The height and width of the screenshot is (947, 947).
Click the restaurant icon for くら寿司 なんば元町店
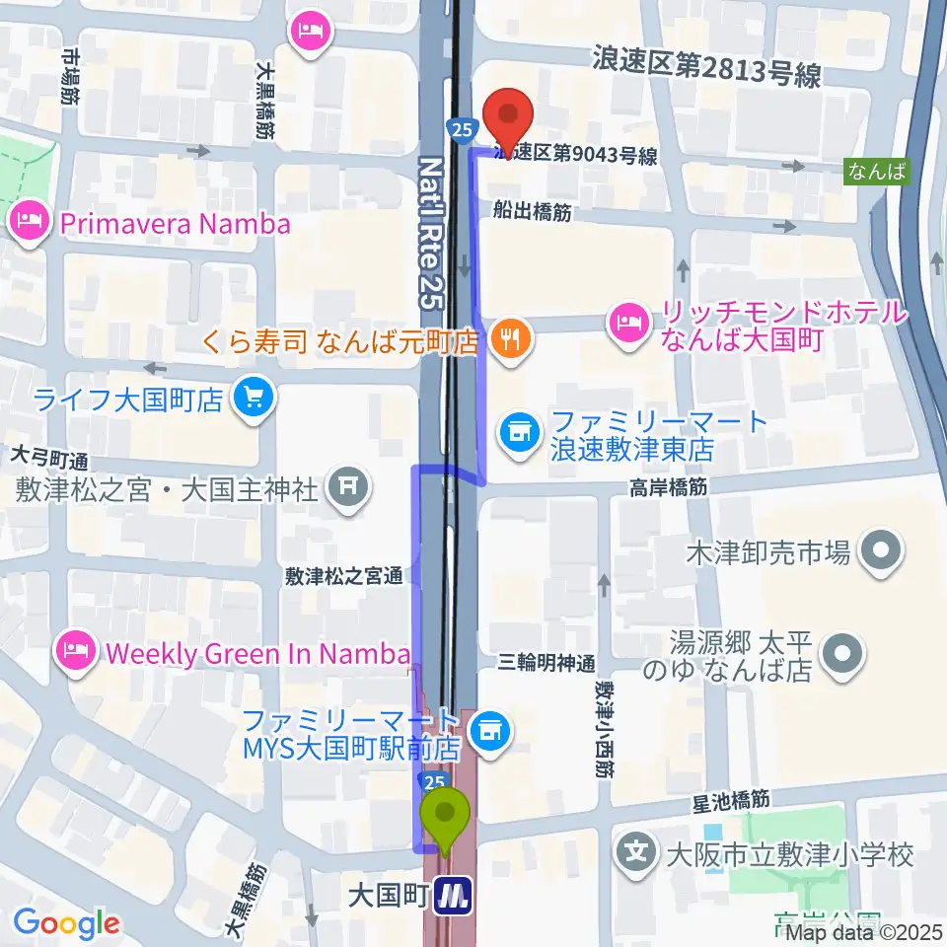point(510,341)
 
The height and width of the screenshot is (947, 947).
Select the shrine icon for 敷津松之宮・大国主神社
point(345,485)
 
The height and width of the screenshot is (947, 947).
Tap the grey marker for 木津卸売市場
point(879,551)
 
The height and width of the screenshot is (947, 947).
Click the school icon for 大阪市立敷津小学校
point(640,851)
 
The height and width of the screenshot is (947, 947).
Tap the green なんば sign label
point(876,171)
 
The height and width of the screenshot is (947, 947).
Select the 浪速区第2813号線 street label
point(706,66)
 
